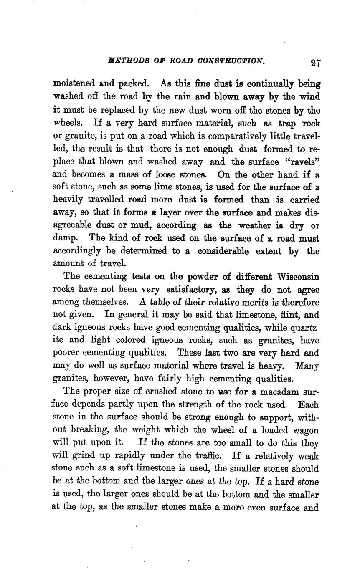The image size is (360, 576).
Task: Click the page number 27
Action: [x=315, y=62]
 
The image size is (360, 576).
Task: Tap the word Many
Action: [x=307, y=366]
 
